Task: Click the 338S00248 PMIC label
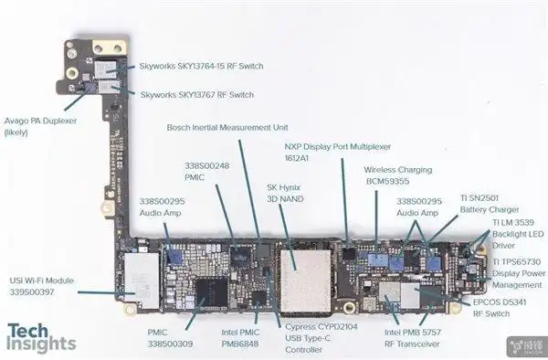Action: (x=207, y=172)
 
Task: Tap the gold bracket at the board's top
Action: (x=102, y=48)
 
